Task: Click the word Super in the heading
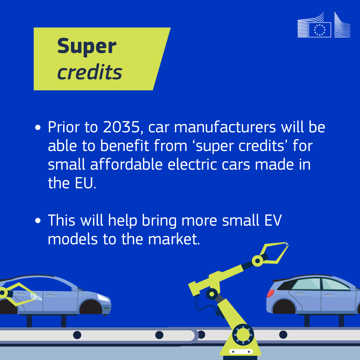pos(87,46)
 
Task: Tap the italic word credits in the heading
pos(90,72)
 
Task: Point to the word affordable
pos(127,164)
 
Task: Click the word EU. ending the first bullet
pos(85,183)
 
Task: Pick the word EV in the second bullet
pos(273,220)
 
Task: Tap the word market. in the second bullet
pos(174,239)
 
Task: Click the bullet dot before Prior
pos(38,127)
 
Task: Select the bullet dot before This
pos(38,221)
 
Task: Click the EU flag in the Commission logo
pos(320,30)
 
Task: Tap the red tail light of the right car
pos(270,293)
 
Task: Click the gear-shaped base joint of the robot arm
pos(243,335)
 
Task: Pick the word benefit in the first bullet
pos(125,146)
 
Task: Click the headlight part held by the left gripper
pos(36,296)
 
